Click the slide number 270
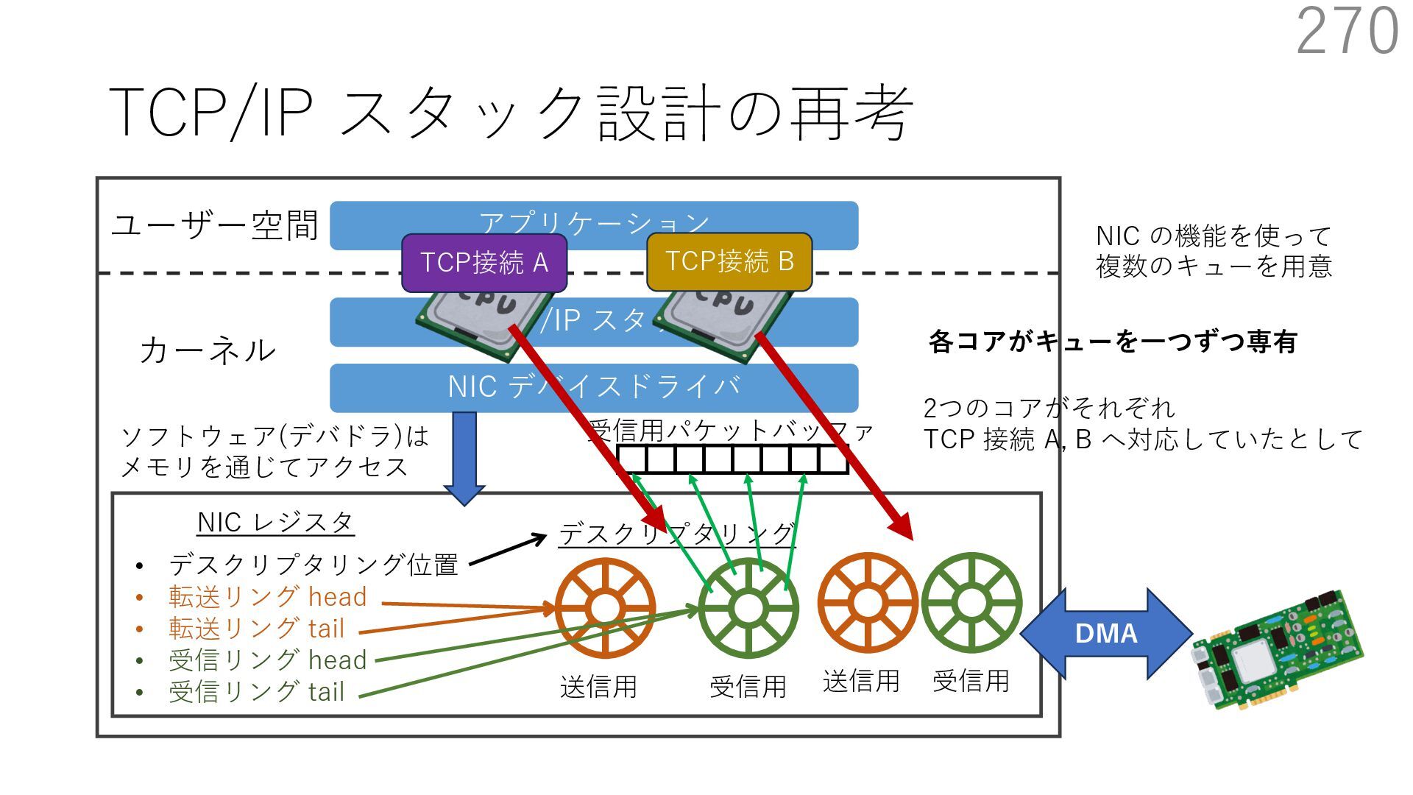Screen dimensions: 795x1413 tap(1347, 31)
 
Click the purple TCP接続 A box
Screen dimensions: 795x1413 tap(484, 263)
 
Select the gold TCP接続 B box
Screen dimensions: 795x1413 tap(729, 261)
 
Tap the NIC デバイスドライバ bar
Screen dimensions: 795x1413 tap(593, 387)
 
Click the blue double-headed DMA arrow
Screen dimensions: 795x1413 tap(1105, 633)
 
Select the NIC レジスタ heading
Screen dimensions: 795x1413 tap(275, 523)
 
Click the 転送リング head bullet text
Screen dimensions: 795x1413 tap(267, 597)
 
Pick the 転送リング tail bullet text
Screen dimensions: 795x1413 tap(256, 629)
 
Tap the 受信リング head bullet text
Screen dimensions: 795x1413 tap(267, 660)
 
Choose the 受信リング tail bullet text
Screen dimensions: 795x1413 tap(256, 692)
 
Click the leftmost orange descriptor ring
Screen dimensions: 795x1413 tap(605, 608)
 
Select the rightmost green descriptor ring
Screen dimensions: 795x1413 tap(971, 602)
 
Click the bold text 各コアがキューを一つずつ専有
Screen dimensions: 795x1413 tap(1112, 342)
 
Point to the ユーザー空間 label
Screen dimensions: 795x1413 tap(214, 225)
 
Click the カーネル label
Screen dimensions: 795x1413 tap(207, 350)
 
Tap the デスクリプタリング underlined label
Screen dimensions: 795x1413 tap(677, 533)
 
